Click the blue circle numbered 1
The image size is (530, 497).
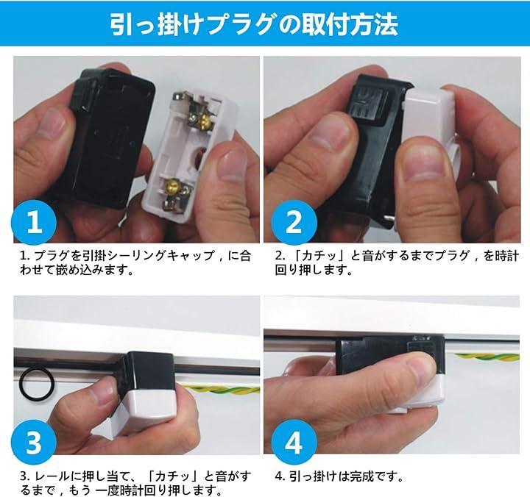point(34,222)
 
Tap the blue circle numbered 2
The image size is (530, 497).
point(294,222)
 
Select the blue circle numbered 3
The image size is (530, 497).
point(34,443)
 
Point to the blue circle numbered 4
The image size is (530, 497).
point(294,443)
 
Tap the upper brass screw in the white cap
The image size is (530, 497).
point(205,121)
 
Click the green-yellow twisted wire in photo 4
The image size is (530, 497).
point(487,357)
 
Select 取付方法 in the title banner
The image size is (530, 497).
point(350,25)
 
